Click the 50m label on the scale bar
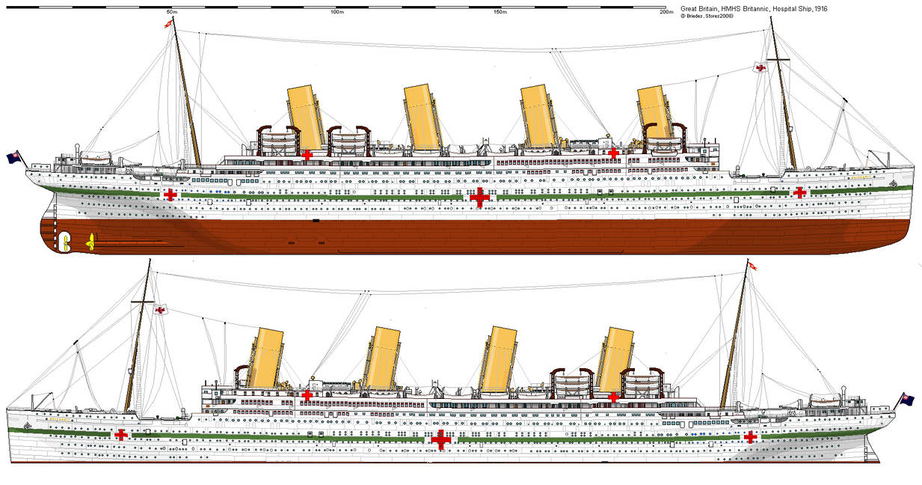pyautogui.click(x=171, y=12)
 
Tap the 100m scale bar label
pyautogui.click(x=336, y=12)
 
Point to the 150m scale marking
pyautogui.click(x=499, y=12)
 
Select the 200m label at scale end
pyautogui.click(x=663, y=12)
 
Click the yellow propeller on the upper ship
pyautogui.click(x=91, y=241)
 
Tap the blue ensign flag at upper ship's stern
pyautogui.click(x=13, y=157)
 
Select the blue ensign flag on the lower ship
pyautogui.click(x=908, y=399)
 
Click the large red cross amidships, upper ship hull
pyautogui.click(x=479, y=197)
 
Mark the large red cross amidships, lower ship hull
pyautogui.click(x=441, y=439)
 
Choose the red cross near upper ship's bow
pyautogui.click(x=799, y=192)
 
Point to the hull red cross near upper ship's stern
pyautogui.click(x=171, y=195)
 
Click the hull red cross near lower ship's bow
pyautogui.click(x=120, y=435)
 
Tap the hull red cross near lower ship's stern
pyautogui.click(x=749, y=436)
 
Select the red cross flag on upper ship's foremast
pyautogui.click(x=760, y=68)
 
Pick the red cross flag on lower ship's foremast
pyautogui.click(x=159, y=309)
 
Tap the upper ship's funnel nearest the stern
pyautogui.click(x=307, y=116)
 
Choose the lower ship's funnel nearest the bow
pyautogui.click(x=265, y=358)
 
